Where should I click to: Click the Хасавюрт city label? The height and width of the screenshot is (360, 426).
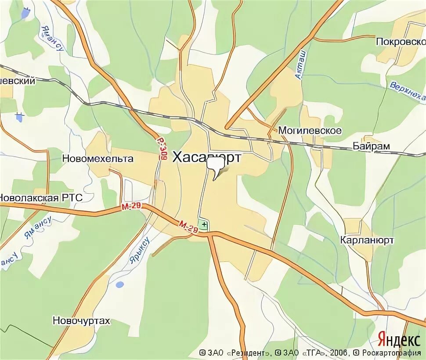point(206,157)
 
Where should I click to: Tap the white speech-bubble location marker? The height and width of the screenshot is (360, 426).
point(215,166)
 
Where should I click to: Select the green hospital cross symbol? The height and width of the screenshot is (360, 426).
point(204,224)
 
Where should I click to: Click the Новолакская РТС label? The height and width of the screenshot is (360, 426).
point(41,198)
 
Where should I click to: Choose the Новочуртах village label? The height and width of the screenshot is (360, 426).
point(81,321)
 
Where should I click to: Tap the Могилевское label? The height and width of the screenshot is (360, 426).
point(310,131)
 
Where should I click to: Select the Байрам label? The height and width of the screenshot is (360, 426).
point(371,146)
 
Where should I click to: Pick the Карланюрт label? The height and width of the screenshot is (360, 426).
point(367,240)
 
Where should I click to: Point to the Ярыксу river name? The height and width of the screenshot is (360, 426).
point(140,251)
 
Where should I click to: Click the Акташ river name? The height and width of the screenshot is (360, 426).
point(301,64)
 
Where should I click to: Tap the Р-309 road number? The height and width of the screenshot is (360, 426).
point(162,148)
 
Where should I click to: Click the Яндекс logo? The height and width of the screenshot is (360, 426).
point(399,339)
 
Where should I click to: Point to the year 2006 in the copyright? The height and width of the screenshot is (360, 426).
point(339,353)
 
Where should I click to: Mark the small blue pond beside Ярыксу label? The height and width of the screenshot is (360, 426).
point(119,284)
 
